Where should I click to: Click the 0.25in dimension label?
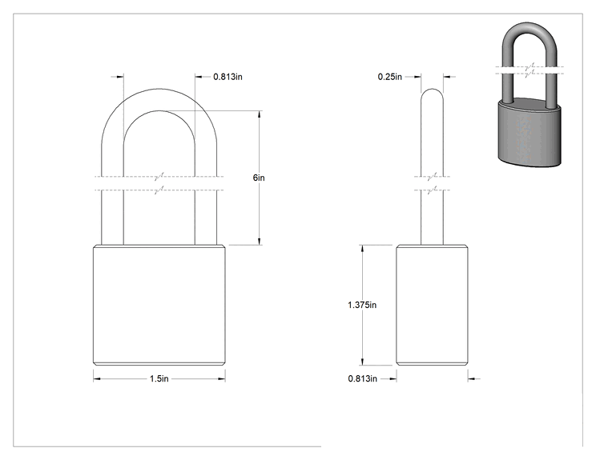click(x=389, y=77)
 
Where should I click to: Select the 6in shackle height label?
click(x=259, y=178)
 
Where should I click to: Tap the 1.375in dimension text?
click(x=362, y=305)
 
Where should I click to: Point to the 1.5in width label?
click(x=159, y=378)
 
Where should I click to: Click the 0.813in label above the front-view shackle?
click(x=228, y=77)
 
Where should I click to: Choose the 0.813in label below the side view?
click(x=363, y=378)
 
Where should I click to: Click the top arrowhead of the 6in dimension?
click(x=260, y=114)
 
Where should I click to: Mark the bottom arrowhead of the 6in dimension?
click(x=260, y=241)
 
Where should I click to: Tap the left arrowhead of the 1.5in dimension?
click(x=97, y=378)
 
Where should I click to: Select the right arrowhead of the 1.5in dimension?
click(x=221, y=378)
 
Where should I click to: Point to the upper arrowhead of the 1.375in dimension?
click(x=362, y=249)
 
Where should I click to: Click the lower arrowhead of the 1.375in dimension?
click(x=362, y=362)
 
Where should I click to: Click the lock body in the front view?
click(x=159, y=305)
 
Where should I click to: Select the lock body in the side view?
click(x=432, y=305)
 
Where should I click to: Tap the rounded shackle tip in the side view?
click(x=432, y=90)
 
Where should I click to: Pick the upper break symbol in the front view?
click(x=159, y=177)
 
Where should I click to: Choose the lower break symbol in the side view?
click(x=432, y=190)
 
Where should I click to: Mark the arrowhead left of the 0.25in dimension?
click(x=417, y=77)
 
